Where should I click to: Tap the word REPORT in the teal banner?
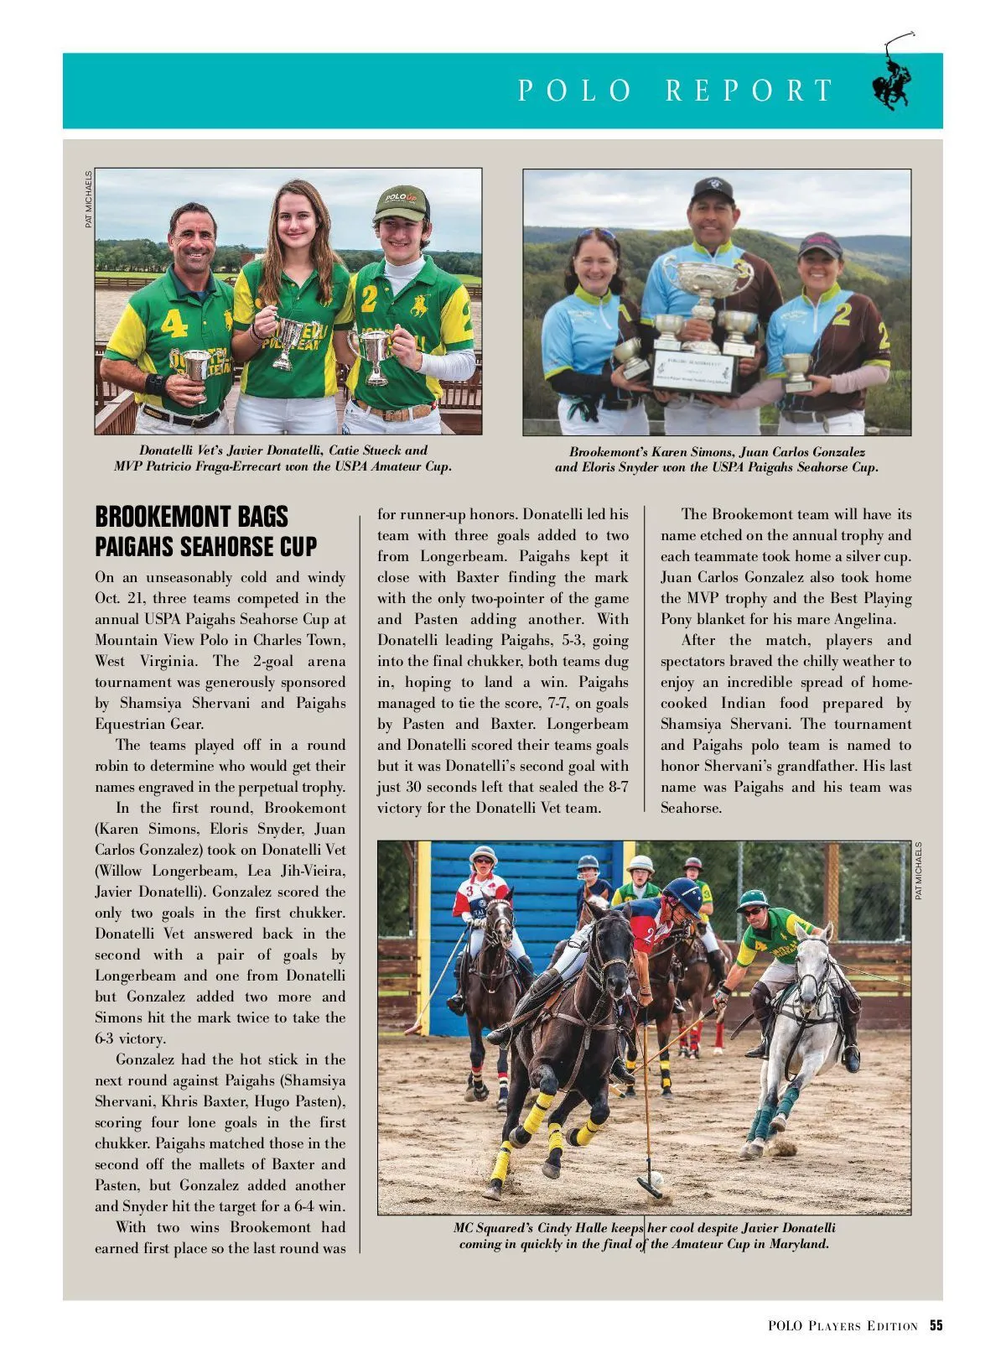click(x=749, y=91)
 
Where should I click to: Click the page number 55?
click(x=936, y=1325)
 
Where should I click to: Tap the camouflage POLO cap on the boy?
click(x=401, y=203)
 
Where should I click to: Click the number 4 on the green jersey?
click(x=174, y=324)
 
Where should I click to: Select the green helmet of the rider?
click(x=752, y=899)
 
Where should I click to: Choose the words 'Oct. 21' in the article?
click(x=117, y=598)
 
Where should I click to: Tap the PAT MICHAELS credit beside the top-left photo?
click(x=89, y=200)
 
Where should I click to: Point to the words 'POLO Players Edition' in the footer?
click(x=842, y=1325)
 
